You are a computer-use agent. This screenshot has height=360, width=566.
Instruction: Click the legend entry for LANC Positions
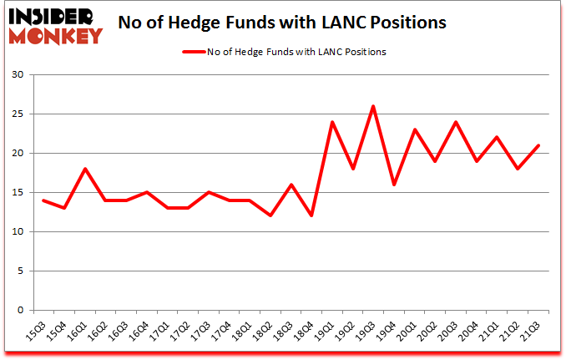284,52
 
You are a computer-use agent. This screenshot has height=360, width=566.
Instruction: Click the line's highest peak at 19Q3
373,106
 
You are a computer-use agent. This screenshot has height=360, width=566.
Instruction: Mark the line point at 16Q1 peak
85,169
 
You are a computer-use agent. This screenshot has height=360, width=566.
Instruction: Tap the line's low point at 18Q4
311,215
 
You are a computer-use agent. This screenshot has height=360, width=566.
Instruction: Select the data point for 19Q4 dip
394,185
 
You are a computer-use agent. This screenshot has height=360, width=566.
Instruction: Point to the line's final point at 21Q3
538,145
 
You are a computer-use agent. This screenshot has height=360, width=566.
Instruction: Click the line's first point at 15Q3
43,200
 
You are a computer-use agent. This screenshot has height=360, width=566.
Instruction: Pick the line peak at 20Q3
456,122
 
